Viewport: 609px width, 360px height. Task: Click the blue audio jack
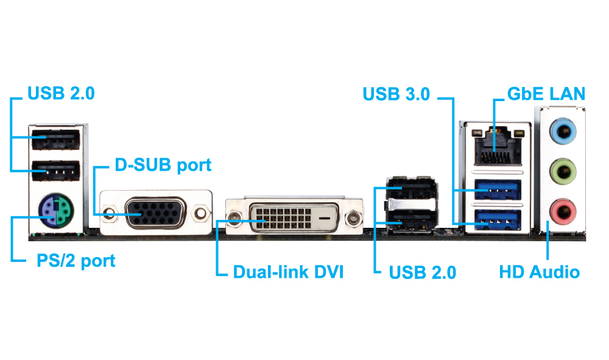pyautogui.click(x=562, y=130)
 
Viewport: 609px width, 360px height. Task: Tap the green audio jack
pyautogui.click(x=562, y=170)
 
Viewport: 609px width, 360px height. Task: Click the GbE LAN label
pyautogui.click(x=546, y=94)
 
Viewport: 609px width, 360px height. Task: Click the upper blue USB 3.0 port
pyautogui.click(x=496, y=191)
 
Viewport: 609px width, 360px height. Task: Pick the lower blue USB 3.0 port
pyautogui.click(x=496, y=220)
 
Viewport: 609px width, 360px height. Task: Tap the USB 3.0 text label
pyautogui.click(x=396, y=94)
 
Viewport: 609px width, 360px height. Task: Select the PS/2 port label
pyautogui.click(x=76, y=261)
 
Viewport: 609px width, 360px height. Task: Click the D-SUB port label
pyautogui.click(x=163, y=165)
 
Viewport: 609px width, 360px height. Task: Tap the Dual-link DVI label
pyautogui.click(x=288, y=272)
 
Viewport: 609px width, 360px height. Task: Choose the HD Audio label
pyautogui.click(x=539, y=272)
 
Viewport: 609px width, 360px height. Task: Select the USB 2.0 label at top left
pyautogui.click(x=61, y=94)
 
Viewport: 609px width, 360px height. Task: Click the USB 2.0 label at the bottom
pyautogui.click(x=422, y=272)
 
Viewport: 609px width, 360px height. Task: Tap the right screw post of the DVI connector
pyautogui.click(x=353, y=217)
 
